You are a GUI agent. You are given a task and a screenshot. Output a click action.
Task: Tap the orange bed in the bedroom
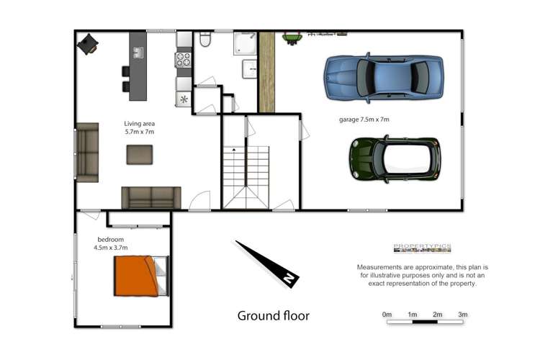(137, 276)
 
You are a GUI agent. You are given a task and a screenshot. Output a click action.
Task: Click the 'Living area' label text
(139, 123)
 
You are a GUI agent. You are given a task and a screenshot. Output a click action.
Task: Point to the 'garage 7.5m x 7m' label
(364, 120)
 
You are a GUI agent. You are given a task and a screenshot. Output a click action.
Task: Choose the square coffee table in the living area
(139, 155)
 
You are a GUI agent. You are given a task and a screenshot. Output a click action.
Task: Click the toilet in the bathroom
(205, 41)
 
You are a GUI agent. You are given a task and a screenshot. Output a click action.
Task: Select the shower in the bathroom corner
(245, 44)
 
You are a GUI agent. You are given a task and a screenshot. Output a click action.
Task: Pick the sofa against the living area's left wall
(87, 152)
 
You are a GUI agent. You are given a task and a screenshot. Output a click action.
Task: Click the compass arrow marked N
(268, 264)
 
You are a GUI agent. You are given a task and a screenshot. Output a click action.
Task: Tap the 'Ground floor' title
(274, 315)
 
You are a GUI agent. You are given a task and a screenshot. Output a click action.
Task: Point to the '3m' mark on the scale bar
(462, 314)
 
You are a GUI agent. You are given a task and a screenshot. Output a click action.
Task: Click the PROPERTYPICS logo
(422, 248)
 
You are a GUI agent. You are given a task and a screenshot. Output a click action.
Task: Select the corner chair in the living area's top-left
(89, 45)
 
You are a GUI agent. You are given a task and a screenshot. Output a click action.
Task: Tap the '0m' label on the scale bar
(387, 314)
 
